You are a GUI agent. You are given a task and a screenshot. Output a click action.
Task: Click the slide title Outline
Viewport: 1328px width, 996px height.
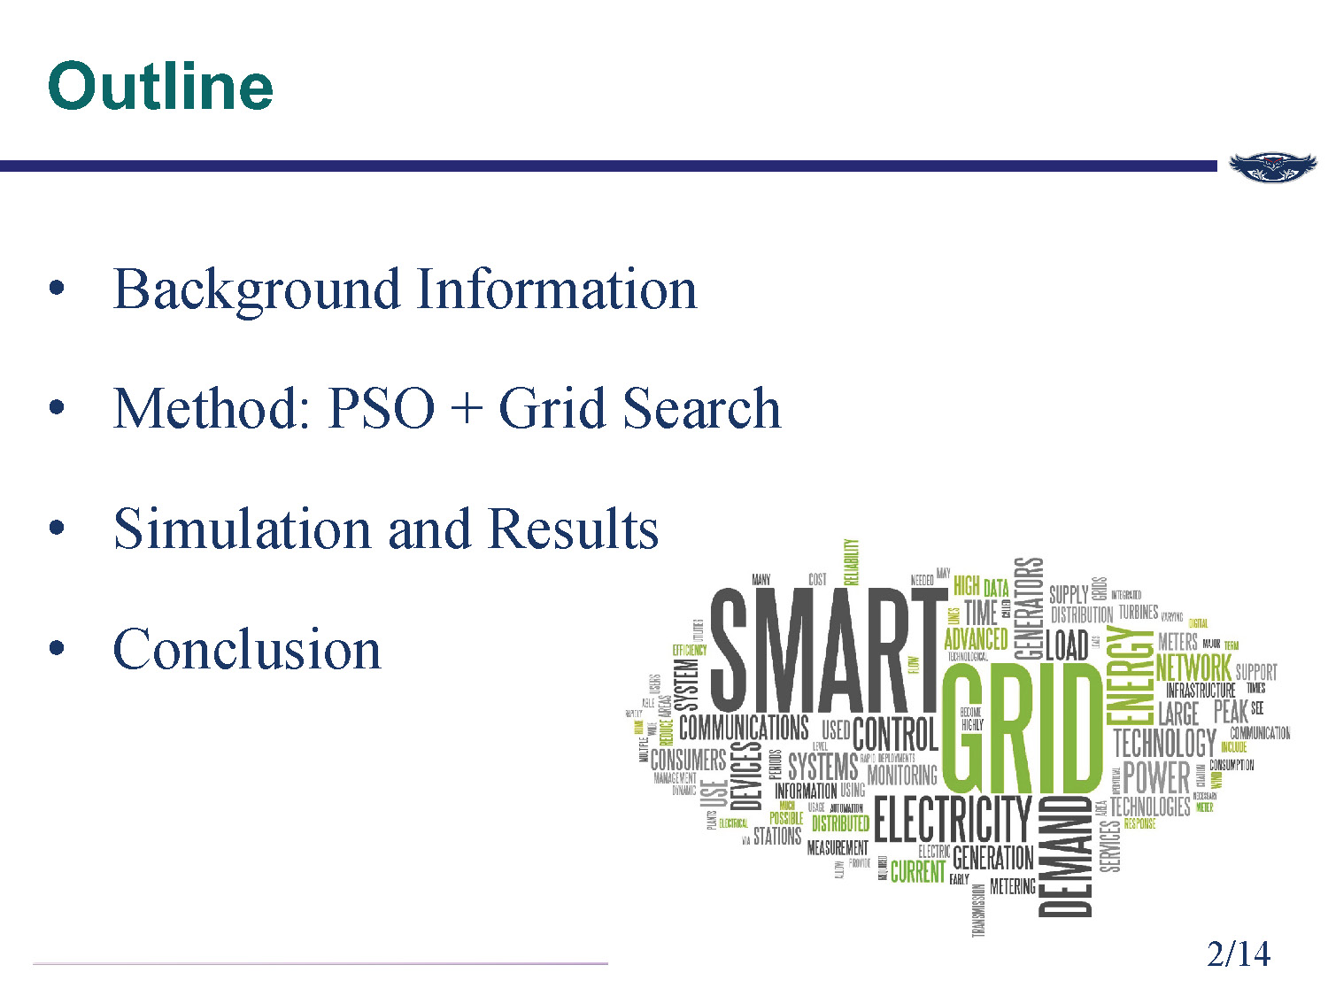[160, 86]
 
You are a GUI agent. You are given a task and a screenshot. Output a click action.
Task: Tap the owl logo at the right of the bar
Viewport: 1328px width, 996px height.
[1272, 166]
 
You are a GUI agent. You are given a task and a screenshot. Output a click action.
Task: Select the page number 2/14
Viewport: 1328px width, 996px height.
[1238, 954]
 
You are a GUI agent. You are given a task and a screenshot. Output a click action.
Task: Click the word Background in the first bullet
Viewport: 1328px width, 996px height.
[257, 290]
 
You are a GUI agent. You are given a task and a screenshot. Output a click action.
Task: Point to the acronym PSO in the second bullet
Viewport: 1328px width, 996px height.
[381, 409]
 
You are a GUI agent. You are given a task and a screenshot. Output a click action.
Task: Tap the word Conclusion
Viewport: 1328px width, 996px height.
[247, 649]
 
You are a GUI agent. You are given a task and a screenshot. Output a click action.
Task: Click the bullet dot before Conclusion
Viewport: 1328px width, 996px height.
[58, 649]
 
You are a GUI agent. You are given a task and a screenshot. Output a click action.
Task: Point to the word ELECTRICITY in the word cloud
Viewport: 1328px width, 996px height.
[953, 819]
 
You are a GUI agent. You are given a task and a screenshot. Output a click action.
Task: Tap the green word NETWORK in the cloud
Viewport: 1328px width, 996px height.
[1193, 668]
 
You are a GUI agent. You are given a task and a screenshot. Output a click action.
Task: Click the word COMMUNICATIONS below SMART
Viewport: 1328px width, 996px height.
[744, 728]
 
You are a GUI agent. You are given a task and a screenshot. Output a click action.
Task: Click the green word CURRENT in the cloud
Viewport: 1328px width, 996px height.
[917, 872]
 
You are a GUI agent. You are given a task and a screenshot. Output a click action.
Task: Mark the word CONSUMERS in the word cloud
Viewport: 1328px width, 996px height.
[688, 760]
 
